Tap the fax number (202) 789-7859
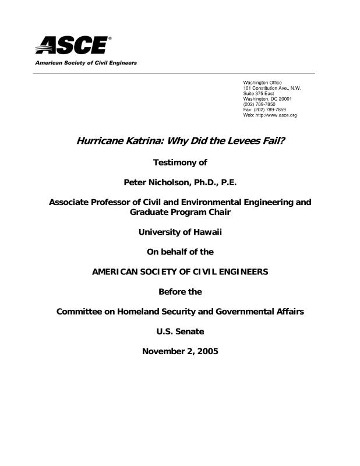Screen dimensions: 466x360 [x=270, y=110]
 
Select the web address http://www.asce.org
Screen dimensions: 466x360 [x=277, y=115]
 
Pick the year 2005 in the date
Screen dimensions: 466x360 [x=207, y=351]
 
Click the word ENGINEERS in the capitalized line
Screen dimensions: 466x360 [x=239, y=272]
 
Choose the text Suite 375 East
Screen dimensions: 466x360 [x=258, y=93]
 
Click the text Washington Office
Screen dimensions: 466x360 [x=262, y=83]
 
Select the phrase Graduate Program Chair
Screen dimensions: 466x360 [x=180, y=212]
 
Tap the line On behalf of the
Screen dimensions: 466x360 [x=180, y=252]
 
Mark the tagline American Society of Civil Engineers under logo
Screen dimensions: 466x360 [x=86, y=62]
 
